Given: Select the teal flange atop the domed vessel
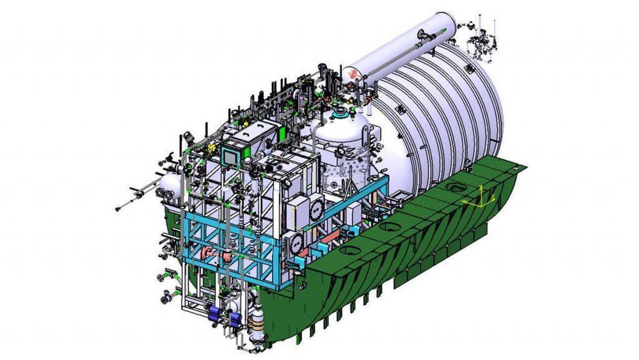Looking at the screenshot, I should tap(341, 114).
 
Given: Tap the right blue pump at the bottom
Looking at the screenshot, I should tap(235, 319).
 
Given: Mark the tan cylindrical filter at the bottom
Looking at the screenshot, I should tap(255, 325).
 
